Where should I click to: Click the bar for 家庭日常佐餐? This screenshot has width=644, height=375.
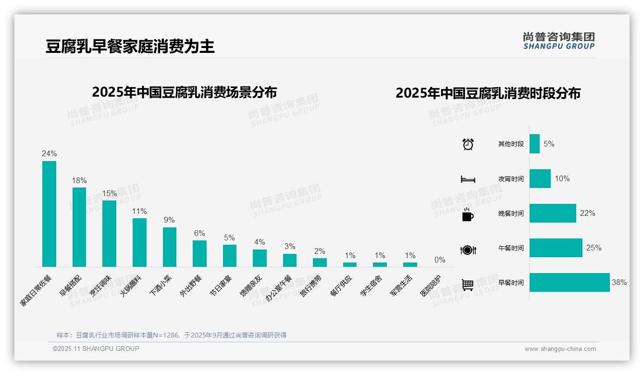coord(49,214)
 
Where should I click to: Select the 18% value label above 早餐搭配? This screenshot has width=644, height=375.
coord(79,181)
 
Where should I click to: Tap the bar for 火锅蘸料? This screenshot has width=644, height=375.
coord(139,242)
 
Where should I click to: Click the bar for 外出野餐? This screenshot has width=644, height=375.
coord(199,253)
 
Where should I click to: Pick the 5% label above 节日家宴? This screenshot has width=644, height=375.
coord(229,238)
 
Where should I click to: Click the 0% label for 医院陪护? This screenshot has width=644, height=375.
coord(440,260)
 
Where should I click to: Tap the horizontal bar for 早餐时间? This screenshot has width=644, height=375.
coord(570,283)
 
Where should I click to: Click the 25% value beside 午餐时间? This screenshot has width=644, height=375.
coord(594,248)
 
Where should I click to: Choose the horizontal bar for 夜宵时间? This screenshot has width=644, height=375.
coord(540,179)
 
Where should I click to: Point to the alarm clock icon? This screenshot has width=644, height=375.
coord(468,144)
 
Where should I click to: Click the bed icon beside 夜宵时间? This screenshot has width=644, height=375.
coord(468,179)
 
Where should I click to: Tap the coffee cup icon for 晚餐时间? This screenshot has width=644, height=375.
coord(468,214)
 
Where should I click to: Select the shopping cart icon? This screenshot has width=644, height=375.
coord(468,285)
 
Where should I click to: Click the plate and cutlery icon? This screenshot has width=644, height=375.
coord(468,250)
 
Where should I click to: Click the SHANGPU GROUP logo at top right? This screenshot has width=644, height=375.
coord(559,41)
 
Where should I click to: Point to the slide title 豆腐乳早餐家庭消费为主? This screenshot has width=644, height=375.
coord(130,47)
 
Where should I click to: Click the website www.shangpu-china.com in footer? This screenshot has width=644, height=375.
coord(560,349)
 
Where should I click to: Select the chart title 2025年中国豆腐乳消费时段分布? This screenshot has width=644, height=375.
coord(488,93)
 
